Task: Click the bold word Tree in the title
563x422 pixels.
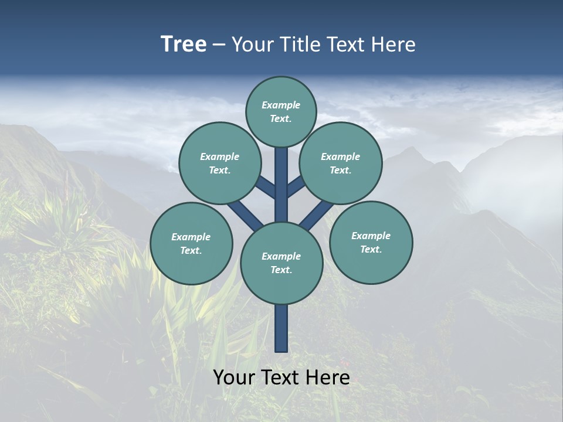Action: click(184, 45)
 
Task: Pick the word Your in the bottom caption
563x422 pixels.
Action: click(233, 377)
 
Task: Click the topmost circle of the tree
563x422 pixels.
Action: click(281, 111)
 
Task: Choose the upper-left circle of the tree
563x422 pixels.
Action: click(220, 163)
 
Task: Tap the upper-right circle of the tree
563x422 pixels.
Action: click(341, 163)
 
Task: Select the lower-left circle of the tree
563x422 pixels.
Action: click(191, 243)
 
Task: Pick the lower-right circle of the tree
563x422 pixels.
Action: click(371, 242)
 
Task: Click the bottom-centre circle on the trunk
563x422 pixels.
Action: click(281, 263)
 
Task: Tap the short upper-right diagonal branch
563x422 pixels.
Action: click(296, 186)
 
